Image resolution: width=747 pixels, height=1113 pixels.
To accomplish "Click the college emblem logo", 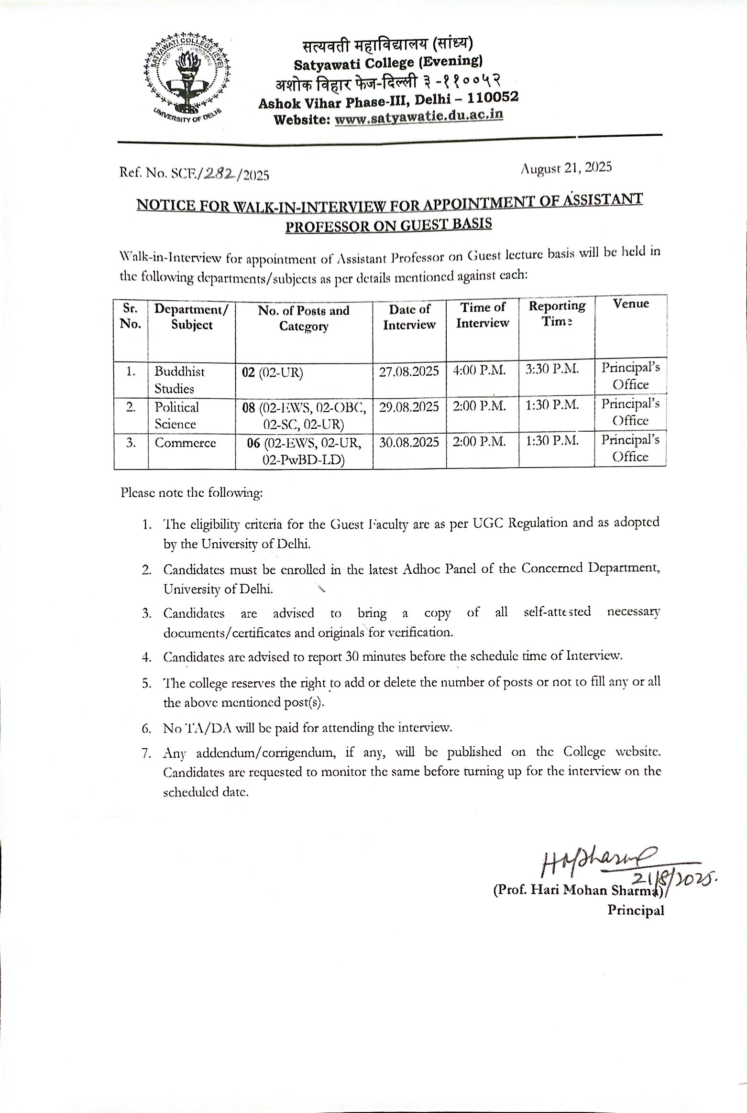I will [186, 78].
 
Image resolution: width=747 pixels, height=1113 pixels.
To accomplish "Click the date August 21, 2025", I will [567, 168].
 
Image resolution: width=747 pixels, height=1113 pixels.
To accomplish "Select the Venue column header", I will [631, 304].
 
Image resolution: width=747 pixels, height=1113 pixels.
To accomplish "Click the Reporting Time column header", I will [557, 313].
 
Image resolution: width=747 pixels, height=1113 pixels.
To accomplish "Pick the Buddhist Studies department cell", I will [179, 380].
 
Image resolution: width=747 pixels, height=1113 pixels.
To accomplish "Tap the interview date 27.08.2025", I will [409, 371].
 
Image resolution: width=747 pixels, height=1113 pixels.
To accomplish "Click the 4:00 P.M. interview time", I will [479, 371].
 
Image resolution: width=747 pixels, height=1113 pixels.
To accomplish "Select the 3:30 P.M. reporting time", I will [552, 369].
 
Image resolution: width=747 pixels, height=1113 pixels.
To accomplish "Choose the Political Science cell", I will [176, 415].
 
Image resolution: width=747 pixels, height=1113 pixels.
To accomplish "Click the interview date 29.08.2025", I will [409, 407].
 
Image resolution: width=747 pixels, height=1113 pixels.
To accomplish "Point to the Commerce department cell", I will [185, 443].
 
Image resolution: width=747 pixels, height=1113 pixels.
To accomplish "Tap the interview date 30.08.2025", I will [409, 442].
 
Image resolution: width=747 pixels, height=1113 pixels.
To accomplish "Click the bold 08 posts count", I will [249, 408].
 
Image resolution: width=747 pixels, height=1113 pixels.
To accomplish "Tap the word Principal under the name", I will [636, 910].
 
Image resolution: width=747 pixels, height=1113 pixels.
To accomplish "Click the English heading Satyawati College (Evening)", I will [388, 63].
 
